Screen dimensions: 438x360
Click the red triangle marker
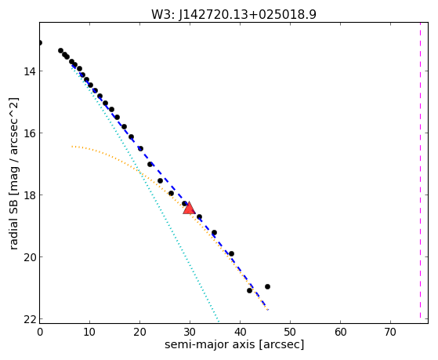189,208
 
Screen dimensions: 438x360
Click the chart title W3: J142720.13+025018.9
233,14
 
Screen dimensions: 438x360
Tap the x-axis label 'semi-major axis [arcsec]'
234,344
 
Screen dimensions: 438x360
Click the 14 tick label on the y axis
29,71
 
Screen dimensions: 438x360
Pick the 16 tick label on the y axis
29,133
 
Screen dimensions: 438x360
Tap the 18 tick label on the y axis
29,195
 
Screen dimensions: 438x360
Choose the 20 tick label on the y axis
29,256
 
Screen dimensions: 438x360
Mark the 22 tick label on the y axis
29,319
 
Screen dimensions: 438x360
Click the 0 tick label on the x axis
40,332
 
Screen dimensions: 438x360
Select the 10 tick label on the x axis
89,332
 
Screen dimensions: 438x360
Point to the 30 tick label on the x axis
190,332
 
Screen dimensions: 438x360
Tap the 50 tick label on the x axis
290,332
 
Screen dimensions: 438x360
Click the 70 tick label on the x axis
390,332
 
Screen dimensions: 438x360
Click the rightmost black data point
267,286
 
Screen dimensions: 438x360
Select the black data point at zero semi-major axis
40,43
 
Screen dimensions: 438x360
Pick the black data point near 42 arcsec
249,291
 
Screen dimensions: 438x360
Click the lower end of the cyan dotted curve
219,322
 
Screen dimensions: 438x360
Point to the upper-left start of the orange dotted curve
72,147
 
